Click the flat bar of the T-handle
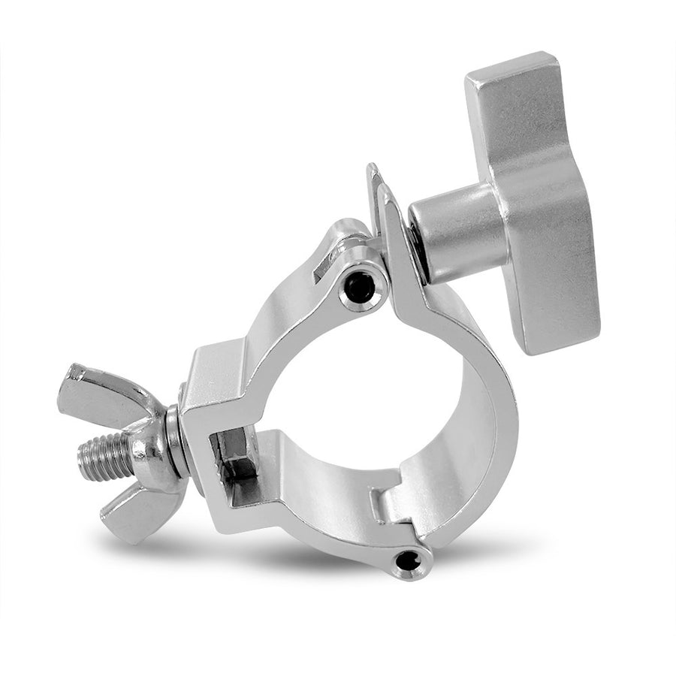point(537,210)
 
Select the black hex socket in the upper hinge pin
point(361,287)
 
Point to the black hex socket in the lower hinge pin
point(406,560)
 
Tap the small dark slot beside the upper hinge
point(323,267)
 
